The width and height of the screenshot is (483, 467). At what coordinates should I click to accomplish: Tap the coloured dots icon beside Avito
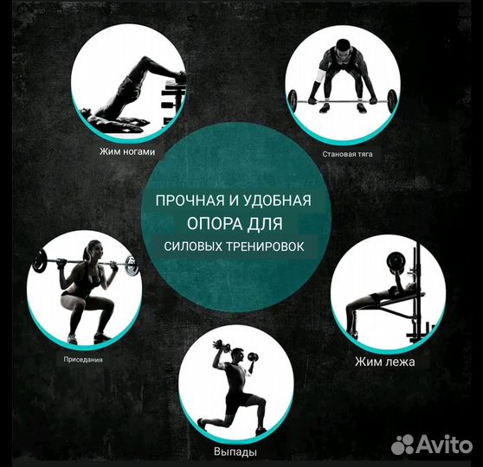point(403,445)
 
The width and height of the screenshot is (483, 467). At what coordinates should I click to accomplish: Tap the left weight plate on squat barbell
point(40,260)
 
